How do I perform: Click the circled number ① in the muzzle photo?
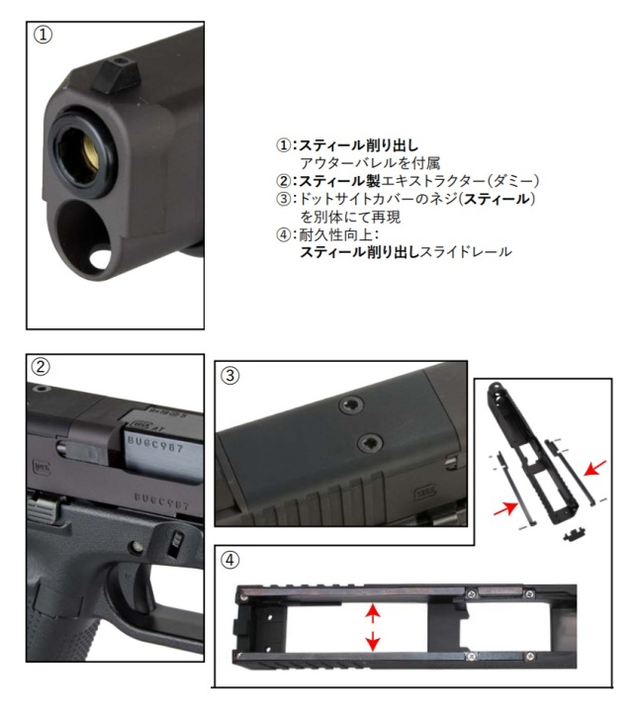[x=42, y=35]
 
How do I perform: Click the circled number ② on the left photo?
[x=42, y=366]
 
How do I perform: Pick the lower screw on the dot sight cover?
[x=368, y=443]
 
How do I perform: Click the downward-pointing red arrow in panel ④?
[x=372, y=642]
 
